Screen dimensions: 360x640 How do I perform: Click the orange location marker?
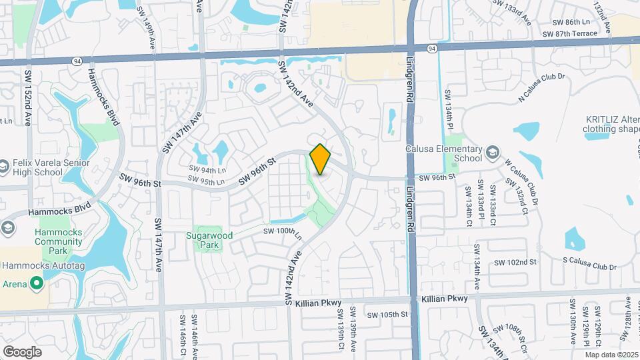coord(321,159)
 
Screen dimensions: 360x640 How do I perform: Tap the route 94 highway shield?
coord(433,48)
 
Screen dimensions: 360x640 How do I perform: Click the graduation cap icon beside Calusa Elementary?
coord(492,153)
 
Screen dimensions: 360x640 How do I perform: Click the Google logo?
coord(22,351)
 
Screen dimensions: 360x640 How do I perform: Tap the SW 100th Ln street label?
coord(283,231)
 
